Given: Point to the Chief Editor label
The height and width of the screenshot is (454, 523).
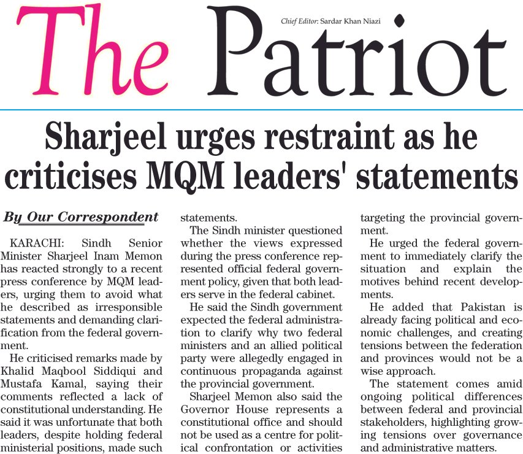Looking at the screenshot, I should click(300, 21).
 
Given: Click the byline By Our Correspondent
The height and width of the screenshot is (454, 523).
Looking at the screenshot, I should click(81, 217).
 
